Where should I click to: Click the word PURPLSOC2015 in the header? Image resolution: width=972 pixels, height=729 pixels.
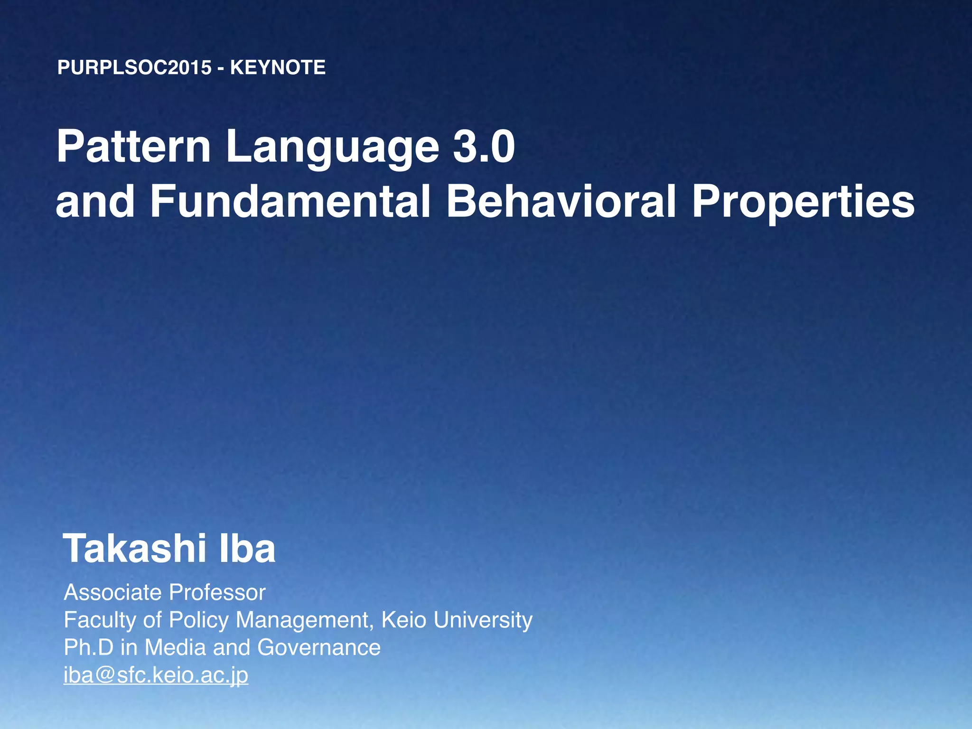point(134,67)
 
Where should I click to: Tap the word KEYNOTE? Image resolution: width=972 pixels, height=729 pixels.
point(278,67)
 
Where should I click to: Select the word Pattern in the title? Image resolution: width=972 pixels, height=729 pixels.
point(133,147)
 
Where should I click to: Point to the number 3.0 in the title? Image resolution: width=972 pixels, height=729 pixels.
point(484,147)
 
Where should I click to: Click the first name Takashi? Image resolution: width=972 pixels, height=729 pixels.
point(135,549)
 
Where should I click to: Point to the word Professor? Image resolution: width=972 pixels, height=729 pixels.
point(217,592)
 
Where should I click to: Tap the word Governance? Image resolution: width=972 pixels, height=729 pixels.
point(319,647)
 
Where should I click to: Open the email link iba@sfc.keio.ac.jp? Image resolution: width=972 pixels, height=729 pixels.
point(156,675)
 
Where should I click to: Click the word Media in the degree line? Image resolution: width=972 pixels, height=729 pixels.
point(175,647)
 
